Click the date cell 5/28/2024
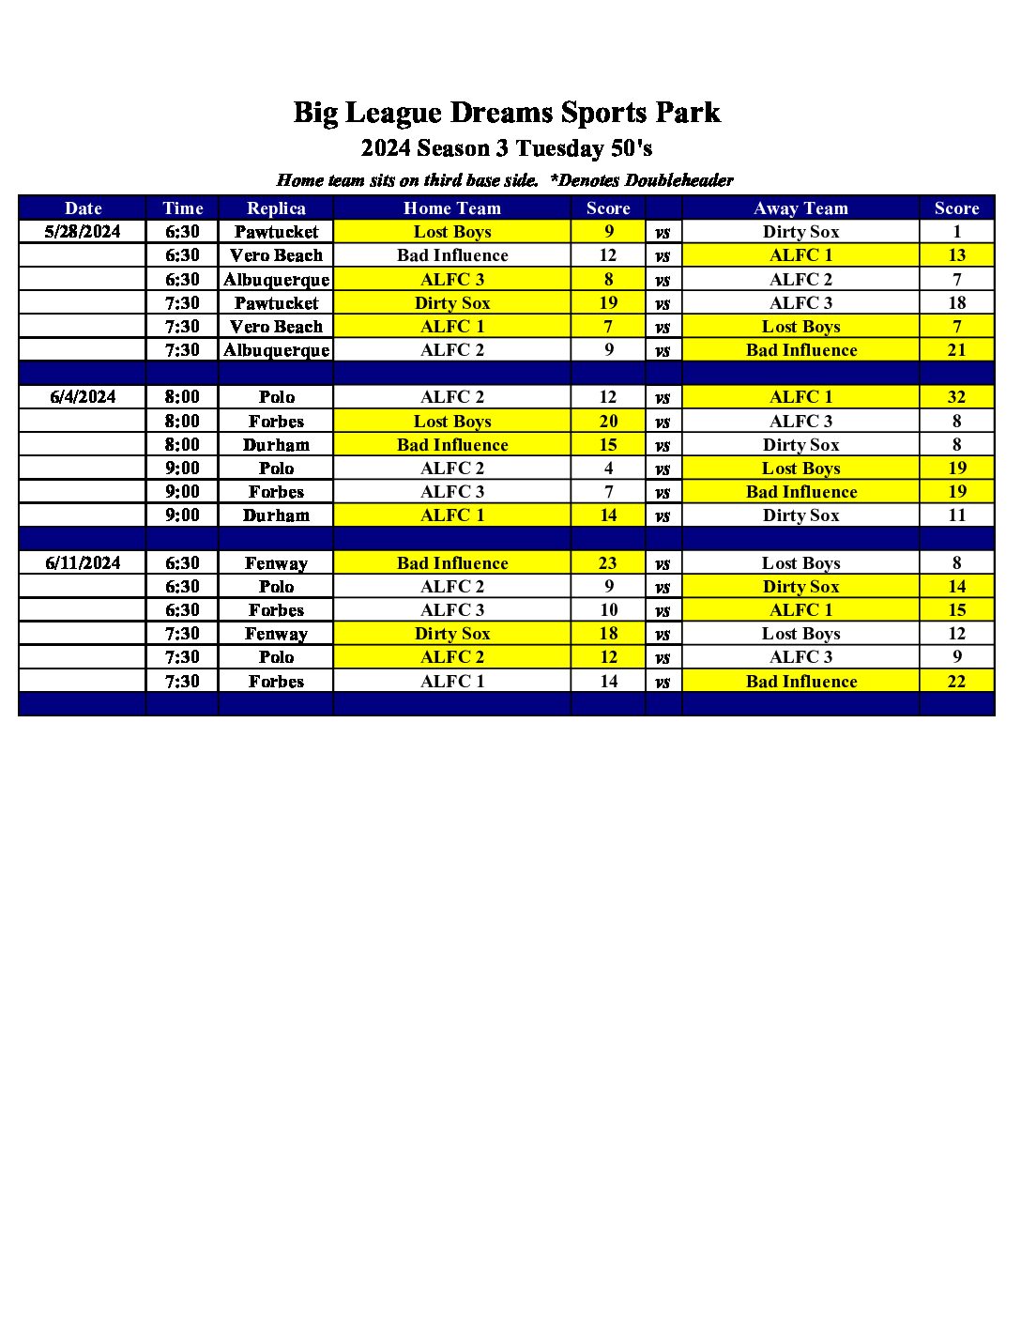pos(83,232)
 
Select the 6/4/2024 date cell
pos(83,397)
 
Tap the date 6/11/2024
pos(83,563)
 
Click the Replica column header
pos(276,208)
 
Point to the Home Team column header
pos(452,208)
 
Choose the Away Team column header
pos(800,208)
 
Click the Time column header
pos(182,208)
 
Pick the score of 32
pos(956,397)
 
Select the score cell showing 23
pos(608,563)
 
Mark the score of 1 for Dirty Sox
pos(956,232)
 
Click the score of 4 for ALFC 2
pos(608,469)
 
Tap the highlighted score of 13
pos(956,255)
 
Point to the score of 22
pos(956,682)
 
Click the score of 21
pos(956,350)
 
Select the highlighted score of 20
pos(608,422)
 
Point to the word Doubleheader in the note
pos(678,180)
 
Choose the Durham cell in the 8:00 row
pos(276,445)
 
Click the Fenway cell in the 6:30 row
pos(276,563)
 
